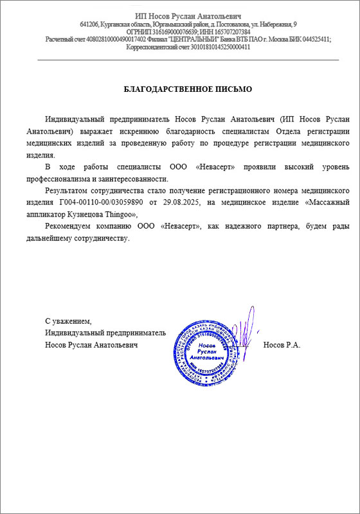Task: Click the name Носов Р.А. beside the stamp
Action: tap(282, 345)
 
